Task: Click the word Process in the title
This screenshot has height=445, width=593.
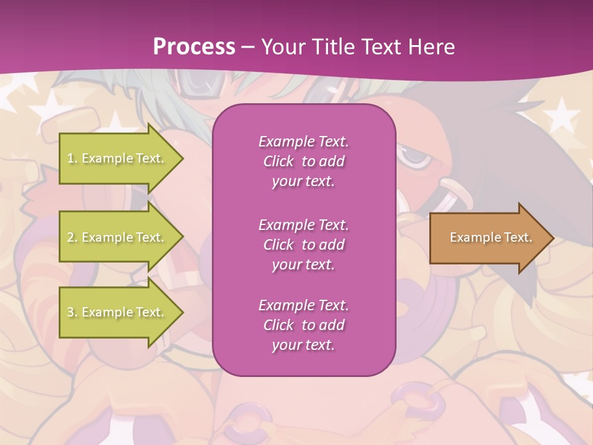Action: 194,47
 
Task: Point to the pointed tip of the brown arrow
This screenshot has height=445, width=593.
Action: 553,238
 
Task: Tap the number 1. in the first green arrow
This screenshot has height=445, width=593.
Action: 72,158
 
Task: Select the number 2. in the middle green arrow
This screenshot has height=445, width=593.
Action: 72,237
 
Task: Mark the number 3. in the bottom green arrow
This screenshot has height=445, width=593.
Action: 72,312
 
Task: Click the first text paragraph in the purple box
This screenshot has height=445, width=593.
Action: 303,161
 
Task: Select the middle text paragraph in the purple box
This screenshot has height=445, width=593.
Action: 303,245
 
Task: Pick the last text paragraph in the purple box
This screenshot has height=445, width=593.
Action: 303,325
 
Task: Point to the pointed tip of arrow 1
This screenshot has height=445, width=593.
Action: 183,158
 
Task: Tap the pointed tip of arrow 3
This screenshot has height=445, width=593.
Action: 183,312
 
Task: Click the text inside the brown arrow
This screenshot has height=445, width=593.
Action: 490,237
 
